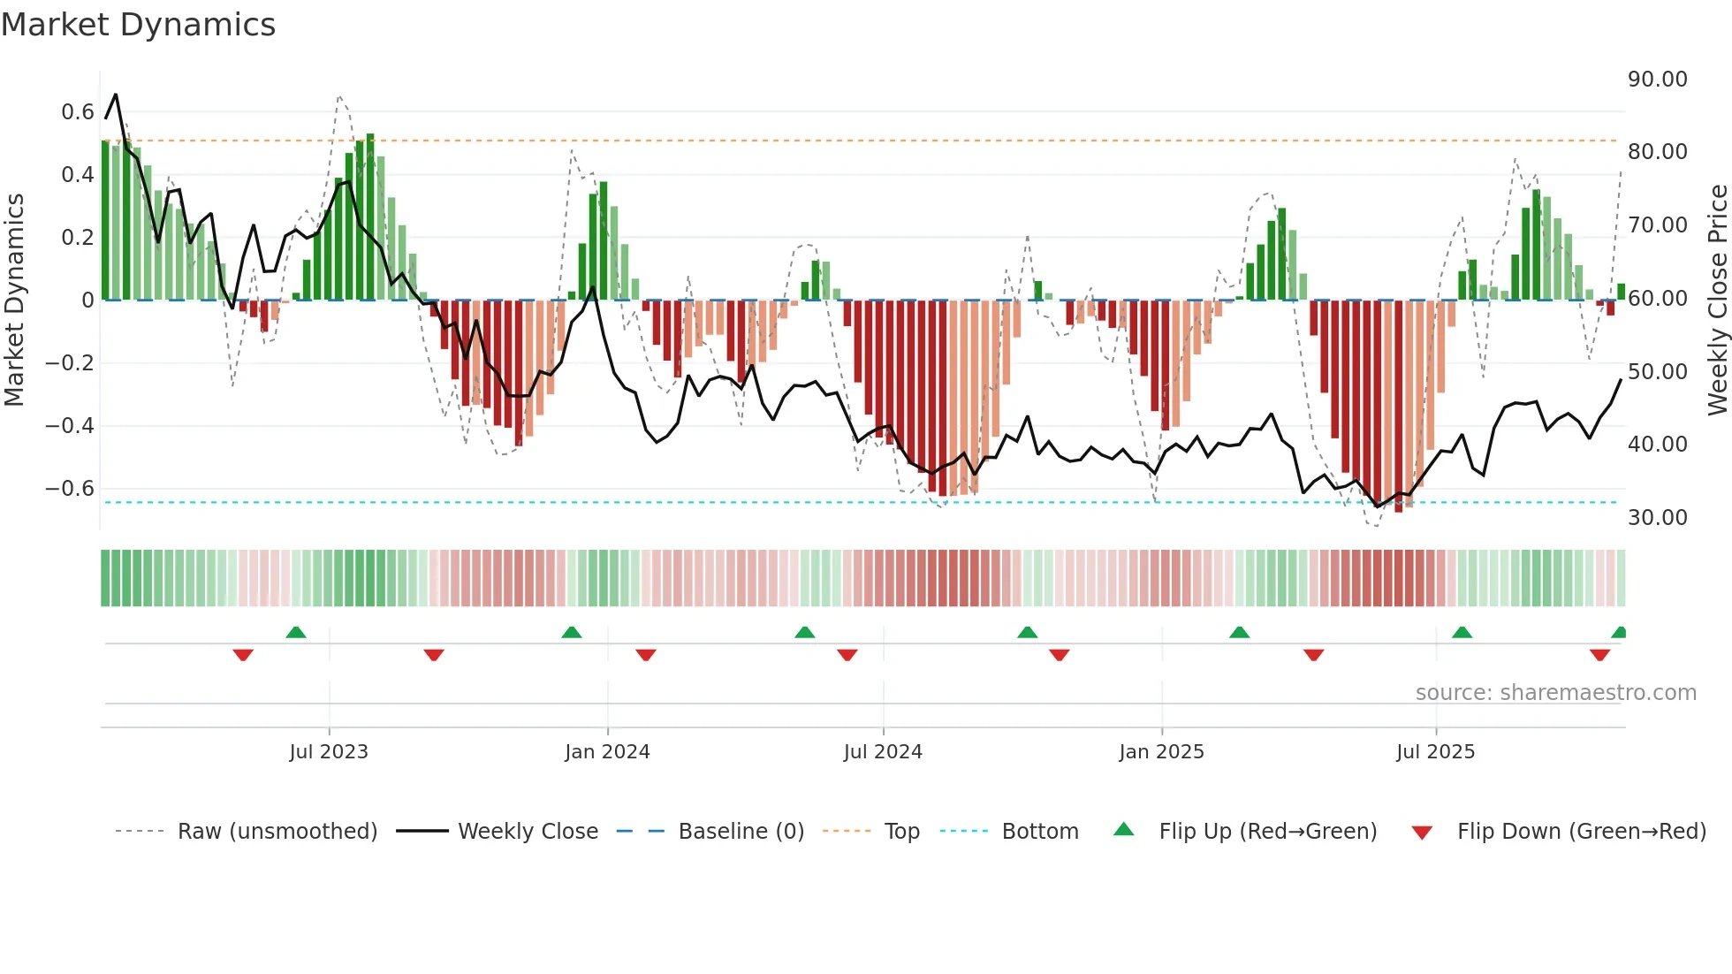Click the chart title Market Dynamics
click(x=138, y=25)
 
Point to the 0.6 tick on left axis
click(x=78, y=112)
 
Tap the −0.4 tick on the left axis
click(x=70, y=426)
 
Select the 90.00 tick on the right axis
click(x=1657, y=80)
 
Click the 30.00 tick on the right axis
click(x=1657, y=518)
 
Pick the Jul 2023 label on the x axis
click(x=328, y=752)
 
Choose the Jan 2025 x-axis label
click(x=1160, y=752)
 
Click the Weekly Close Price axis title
click(x=1717, y=301)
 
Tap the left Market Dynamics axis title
click(x=14, y=301)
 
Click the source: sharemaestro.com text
click(x=1555, y=693)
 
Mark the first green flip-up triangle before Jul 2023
click(x=296, y=633)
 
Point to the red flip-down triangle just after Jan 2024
click(x=646, y=655)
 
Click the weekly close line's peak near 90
click(x=116, y=95)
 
